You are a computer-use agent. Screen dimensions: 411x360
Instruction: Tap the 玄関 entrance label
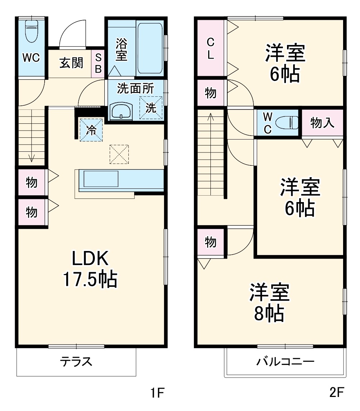point(71,63)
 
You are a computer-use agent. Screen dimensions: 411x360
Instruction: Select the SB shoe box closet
point(98,63)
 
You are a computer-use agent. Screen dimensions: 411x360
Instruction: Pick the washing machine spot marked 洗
point(151,108)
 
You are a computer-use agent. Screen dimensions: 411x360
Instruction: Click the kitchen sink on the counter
point(101,179)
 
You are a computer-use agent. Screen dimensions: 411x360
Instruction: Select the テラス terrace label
point(76,361)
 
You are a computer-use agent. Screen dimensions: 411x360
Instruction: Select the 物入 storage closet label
point(322,123)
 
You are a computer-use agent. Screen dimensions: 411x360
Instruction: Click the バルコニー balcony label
point(285,361)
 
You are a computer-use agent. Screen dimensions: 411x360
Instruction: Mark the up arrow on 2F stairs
point(211,117)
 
